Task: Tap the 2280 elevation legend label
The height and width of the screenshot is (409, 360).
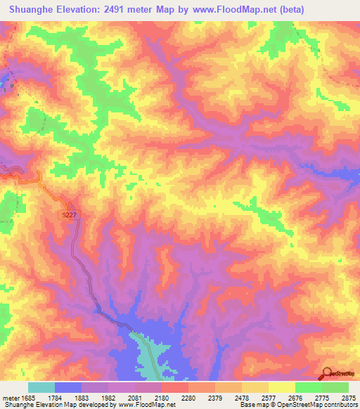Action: [188, 397]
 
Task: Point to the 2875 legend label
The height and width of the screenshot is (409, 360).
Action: [347, 397]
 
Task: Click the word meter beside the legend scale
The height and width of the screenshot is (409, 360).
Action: [9, 397]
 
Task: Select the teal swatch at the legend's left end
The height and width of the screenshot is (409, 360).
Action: [41, 387]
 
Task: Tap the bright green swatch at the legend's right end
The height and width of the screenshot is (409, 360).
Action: [335, 387]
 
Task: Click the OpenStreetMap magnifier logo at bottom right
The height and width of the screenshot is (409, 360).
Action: [326, 373]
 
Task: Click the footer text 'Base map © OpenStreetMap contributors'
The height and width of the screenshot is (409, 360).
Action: [298, 405]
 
